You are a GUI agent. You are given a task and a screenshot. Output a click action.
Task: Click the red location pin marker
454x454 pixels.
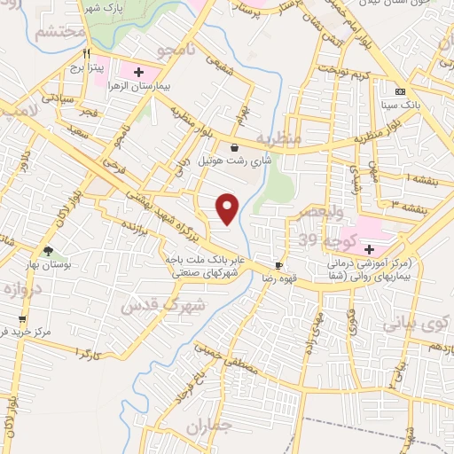[228, 207]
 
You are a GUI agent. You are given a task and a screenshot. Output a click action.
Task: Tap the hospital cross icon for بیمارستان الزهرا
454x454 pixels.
[138, 71]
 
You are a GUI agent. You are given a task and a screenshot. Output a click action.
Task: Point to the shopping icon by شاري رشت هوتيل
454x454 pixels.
[233, 148]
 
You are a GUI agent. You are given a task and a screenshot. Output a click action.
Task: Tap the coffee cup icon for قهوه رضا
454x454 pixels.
[279, 265]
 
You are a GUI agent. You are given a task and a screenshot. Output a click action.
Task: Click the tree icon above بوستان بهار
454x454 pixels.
[48, 252]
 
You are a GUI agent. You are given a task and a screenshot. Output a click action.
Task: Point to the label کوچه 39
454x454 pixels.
[320, 242]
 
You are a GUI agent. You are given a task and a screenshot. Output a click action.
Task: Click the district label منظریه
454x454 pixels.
[278, 140]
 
